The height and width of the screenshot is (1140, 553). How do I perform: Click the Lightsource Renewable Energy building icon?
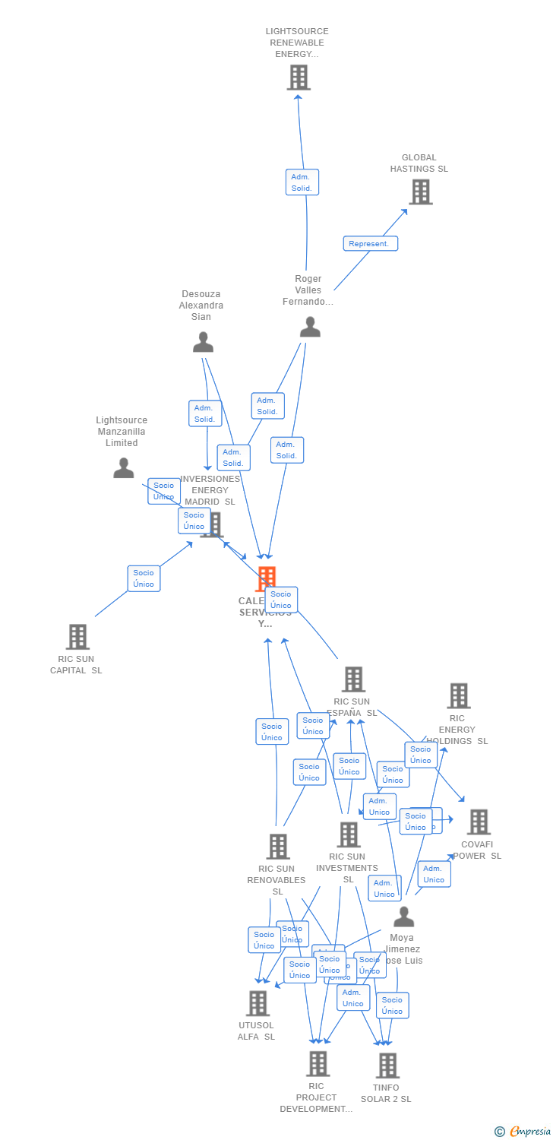point(299,78)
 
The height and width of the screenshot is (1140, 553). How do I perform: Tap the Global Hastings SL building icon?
point(421,192)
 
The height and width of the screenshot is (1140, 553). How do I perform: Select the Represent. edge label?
point(370,244)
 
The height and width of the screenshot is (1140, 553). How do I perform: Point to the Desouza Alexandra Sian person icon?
point(203,343)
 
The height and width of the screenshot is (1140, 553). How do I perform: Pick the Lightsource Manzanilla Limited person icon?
point(123,469)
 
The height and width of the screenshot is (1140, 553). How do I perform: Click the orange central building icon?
point(265,578)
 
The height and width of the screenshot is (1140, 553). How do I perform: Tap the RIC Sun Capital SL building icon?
point(77,637)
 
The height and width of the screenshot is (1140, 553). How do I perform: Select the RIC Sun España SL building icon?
point(353,679)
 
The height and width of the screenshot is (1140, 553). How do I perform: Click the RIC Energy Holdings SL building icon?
point(458,695)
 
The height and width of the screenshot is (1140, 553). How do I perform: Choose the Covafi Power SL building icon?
point(479,822)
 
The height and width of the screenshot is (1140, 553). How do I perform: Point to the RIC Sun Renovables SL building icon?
point(278,847)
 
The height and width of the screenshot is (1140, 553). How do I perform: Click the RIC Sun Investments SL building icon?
point(349,834)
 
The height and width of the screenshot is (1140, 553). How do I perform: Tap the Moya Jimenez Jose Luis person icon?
point(403,917)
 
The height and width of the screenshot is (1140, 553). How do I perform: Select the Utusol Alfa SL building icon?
point(258,1003)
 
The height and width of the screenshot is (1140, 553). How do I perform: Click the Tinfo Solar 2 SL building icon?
point(387,1066)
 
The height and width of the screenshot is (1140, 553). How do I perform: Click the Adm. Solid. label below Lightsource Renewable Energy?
point(302,182)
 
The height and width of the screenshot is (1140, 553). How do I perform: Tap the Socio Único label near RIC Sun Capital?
point(144,578)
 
